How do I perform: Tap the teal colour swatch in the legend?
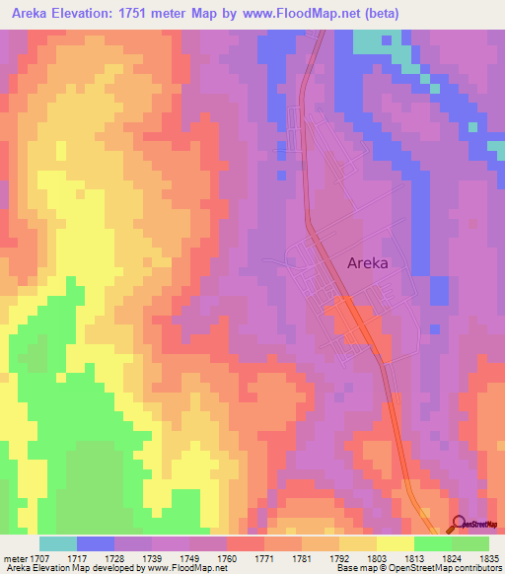pyautogui.click(x=58, y=543)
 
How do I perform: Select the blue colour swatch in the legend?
pyautogui.click(x=96, y=543)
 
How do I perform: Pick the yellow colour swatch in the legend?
pyautogui.click(x=396, y=543)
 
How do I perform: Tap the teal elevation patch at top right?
pyautogui.click(x=369, y=40)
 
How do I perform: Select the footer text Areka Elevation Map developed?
pyautogui.click(x=69, y=568)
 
